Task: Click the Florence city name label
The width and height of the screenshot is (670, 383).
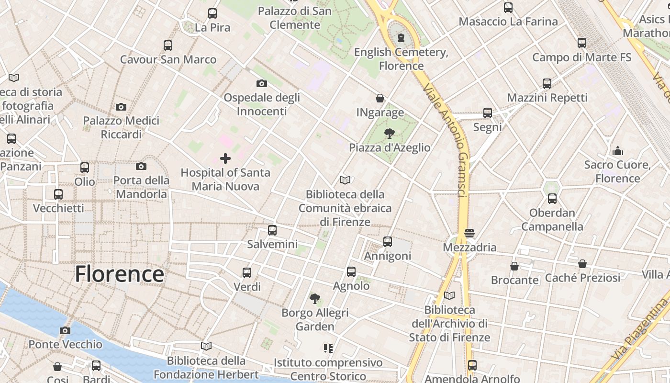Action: point(120,274)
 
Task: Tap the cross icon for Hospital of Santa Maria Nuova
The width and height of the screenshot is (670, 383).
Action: point(225,158)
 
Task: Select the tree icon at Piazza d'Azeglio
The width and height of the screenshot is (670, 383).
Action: point(390,134)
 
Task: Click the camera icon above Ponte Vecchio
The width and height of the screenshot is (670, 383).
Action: point(65,330)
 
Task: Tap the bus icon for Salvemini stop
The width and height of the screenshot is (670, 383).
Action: point(272,230)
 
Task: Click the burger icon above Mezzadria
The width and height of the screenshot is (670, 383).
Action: point(469,234)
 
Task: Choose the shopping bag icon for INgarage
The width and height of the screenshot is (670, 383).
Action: point(380,98)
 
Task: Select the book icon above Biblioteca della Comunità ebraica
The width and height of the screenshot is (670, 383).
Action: point(345,180)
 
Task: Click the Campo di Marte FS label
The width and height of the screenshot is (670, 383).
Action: point(582,57)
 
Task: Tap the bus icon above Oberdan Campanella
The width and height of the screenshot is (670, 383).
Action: point(552,199)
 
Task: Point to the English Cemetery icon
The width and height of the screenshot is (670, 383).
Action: point(401,38)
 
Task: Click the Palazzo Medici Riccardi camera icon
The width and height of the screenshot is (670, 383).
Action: point(121,107)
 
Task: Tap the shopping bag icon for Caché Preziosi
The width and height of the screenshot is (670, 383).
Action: point(582,264)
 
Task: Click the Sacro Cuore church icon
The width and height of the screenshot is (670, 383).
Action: point(618,151)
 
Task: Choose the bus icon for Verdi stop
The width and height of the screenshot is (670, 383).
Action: point(247,273)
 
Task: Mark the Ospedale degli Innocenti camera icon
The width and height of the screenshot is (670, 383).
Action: point(261,83)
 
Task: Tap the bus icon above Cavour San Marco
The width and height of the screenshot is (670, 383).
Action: point(168,45)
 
